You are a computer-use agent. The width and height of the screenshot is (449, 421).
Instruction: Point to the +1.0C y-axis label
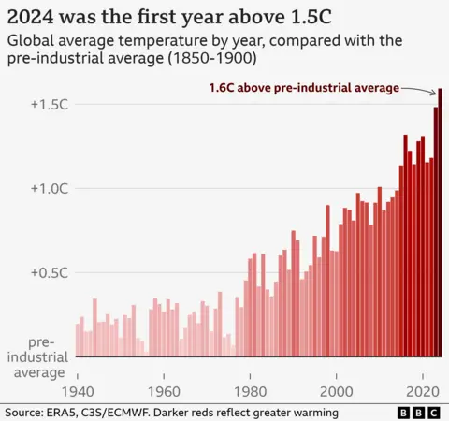(37, 188)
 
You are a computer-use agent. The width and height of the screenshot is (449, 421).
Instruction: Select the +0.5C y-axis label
(37, 272)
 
